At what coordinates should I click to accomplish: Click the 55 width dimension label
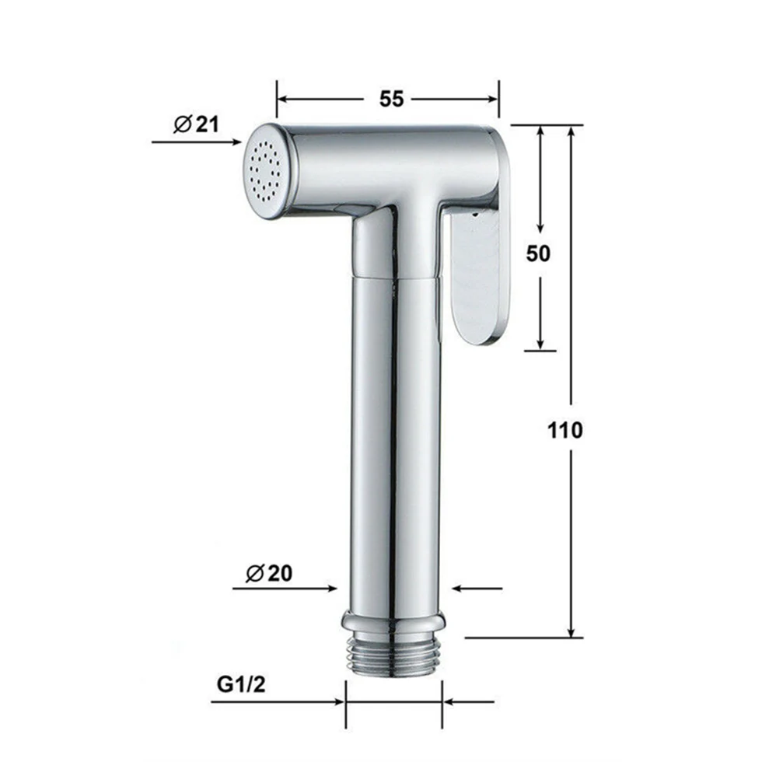pos(391,100)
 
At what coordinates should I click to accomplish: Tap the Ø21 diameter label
pos(196,124)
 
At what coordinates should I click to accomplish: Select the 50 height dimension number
pos(538,253)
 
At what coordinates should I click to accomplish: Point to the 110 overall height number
pos(565,430)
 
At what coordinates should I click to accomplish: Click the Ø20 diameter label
pos(269,574)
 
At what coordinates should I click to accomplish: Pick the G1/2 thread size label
pos(241,684)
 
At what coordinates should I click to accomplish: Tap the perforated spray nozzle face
pos(264,171)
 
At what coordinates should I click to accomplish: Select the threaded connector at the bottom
pos(393,657)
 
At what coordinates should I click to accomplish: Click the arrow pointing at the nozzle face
pos(196,142)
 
